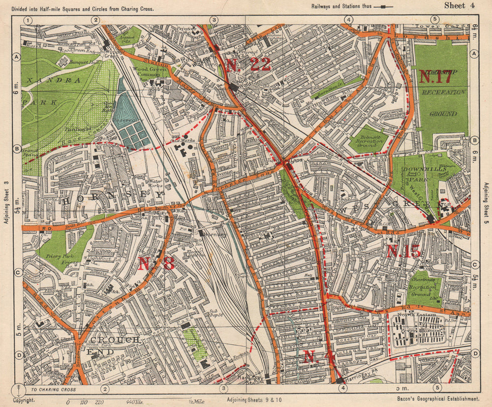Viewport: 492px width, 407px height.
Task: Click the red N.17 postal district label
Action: pos(435,76)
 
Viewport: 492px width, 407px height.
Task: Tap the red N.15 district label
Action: pos(403,251)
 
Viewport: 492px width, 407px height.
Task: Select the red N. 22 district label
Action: pos(248,64)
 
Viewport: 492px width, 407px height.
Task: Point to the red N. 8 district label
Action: pos(156,264)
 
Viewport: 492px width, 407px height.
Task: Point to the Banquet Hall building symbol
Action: pos(63,61)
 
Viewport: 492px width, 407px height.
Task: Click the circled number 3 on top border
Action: pos(214,20)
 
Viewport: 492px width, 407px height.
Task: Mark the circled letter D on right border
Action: pos(475,354)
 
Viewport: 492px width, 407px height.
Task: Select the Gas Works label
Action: pos(183,140)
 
